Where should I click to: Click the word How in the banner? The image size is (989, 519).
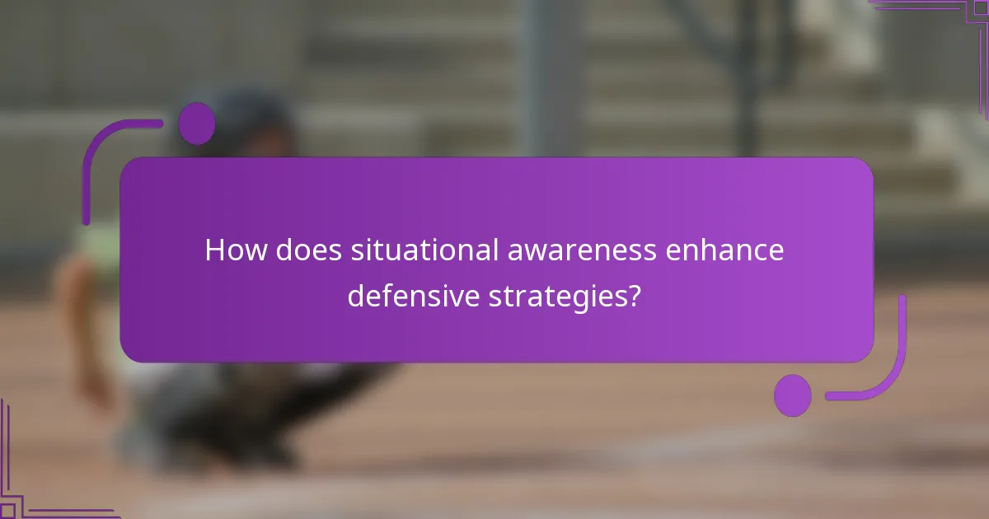coord(235,250)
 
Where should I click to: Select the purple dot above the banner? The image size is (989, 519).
coord(197,124)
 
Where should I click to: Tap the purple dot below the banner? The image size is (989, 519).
coord(792,395)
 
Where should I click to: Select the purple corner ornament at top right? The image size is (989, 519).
coord(948,16)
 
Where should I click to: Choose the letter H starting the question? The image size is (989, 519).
coord(214,250)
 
